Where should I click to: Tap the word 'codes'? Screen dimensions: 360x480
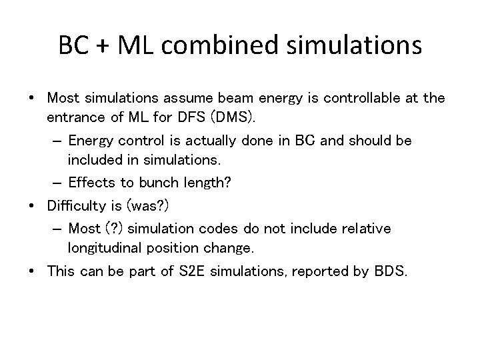coord(214,229)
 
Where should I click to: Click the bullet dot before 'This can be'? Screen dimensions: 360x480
coord(32,271)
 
